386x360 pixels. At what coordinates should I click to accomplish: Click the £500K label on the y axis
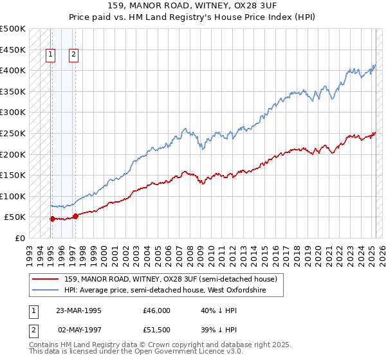(12, 29)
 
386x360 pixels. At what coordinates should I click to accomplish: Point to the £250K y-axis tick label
(12, 133)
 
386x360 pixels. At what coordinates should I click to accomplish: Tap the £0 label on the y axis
(19, 238)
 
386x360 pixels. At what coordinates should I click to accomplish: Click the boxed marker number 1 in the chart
(50, 55)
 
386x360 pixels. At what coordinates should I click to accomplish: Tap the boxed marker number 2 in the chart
(74, 55)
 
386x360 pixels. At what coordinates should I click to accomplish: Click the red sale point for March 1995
(52, 219)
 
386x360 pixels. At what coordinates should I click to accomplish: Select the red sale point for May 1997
(75, 216)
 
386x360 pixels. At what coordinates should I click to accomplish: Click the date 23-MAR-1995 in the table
(79, 310)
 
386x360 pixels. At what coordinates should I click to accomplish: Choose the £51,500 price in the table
(157, 329)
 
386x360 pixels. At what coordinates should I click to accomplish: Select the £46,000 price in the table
(157, 310)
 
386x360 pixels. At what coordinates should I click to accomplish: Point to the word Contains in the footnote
(44, 345)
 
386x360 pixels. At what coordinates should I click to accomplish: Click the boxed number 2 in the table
(33, 329)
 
